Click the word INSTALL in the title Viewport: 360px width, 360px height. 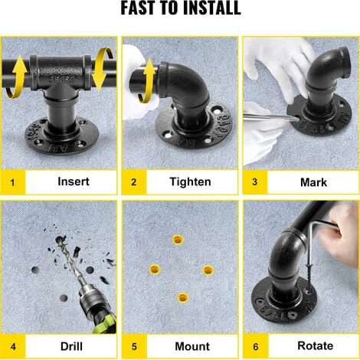212,8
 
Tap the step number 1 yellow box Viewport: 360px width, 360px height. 13,182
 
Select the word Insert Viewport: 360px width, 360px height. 74,182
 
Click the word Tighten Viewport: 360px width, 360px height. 190,182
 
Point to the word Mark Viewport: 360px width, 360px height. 313,182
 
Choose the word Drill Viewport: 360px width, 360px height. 71,346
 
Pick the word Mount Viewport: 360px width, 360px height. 192,346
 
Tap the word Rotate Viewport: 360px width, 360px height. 315,345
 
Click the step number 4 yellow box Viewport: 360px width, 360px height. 13,346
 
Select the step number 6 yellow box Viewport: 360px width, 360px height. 256,346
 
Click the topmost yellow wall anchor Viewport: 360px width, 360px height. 178,240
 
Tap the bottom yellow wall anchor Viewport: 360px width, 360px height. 183,298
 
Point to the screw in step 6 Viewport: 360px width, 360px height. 309,278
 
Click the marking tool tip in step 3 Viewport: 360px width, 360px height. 296,119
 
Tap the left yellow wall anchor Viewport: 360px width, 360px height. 155,269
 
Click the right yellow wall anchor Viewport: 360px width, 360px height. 208,270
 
